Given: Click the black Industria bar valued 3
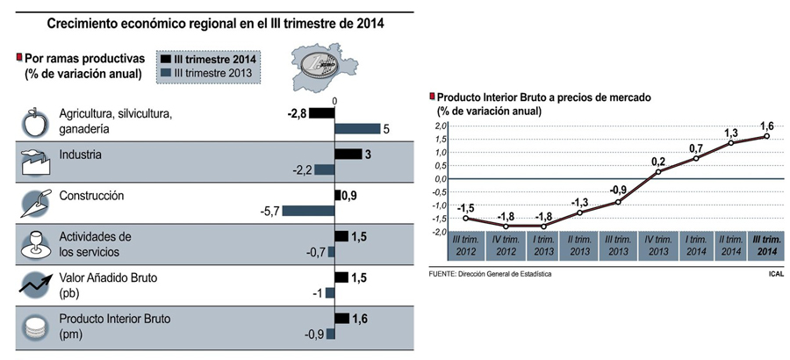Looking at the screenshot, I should (348, 155).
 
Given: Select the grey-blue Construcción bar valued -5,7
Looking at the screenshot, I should (307, 211).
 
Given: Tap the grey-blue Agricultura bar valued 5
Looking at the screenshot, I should (357, 129).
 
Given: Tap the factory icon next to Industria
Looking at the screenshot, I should (32, 162).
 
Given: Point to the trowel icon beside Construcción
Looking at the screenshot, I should (32, 203).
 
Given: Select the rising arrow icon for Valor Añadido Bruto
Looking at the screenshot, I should (32, 284).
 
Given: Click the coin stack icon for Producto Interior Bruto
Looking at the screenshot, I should (33, 326).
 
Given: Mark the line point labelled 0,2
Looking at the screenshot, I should (657, 172).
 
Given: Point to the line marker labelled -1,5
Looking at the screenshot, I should (464, 218).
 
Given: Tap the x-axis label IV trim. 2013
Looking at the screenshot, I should (657, 245).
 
